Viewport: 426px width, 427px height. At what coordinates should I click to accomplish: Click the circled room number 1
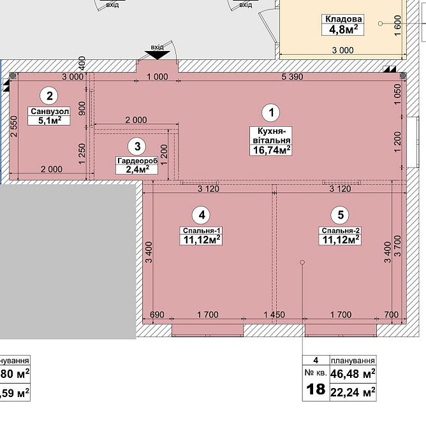pyautogui.click(x=271, y=112)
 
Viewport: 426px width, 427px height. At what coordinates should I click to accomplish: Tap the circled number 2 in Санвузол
pyautogui.click(x=49, y=96)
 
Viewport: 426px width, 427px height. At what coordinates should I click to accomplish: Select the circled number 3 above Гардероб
pyautogui.click(x=137, y=147)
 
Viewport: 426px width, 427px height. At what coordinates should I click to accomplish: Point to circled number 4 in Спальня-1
pyautogui.click(x=201, y=215)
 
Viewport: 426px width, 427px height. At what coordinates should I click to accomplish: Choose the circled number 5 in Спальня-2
pyautogui.click(x=340, y=215)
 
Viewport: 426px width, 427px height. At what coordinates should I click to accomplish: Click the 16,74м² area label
pyautogui.click(x=271, y=150)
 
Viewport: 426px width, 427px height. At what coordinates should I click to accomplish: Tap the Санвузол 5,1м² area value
pyautogui.click(x=49, y=120)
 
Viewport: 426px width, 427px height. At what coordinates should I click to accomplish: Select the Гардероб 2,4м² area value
pyautogui.click(x=137, y=170)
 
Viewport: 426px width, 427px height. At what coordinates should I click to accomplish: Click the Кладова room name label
pyautogui.click(x=343, y=19)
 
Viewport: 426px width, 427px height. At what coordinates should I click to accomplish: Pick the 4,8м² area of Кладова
pyautogui.click(x=343, y=29)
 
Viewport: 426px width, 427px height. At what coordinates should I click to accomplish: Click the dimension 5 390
pyautogui.click(x=292, y=76)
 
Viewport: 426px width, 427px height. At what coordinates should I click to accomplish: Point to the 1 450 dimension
pyautogui.click(x=274, y=315)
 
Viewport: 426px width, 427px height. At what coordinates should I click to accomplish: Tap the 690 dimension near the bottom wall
pyautogui.click(x=157, y=315)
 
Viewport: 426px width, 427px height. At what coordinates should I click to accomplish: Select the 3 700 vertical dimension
pyautogui.click(x=398, y=246)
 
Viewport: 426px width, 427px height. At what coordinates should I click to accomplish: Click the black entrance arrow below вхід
pyautogui.click(x=158, y=55)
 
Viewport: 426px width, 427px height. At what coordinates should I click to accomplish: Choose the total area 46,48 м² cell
pyautogui.click(x=353, y=373)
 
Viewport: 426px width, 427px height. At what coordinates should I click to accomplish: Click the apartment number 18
pyautogui.click(x=316, y=389)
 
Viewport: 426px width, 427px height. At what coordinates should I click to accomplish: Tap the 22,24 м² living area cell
pyautogui.click(x=353, y=392)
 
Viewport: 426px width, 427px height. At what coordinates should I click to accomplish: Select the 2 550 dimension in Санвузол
pyautogui.click(x=13, y=126)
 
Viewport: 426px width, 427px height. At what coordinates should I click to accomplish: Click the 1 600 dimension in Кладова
pyautogui.click(x=398, y=25)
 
